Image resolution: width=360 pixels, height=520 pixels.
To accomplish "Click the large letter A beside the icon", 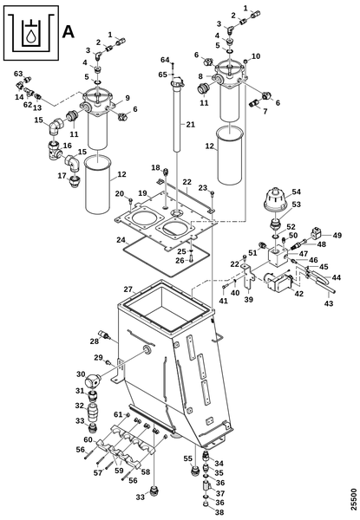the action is (x=68, y=32).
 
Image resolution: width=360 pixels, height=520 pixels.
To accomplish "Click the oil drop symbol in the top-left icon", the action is (x=31, y=36).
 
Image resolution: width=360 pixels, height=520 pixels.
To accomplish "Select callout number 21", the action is (x=191, y=124).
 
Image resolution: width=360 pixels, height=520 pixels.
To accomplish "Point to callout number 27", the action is (x=128, y=289).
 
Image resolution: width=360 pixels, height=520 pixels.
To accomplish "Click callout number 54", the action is (x=297, y=192).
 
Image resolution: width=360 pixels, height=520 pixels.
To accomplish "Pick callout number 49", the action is (x=337, y=235).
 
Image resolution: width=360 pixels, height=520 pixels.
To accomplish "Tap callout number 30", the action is (x=81, y=374).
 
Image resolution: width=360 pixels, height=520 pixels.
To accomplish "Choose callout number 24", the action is (x=121, y=239).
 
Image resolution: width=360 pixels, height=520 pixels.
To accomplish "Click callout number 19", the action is (x=142, y=193).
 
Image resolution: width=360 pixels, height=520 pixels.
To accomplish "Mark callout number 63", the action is (x=18, y=74).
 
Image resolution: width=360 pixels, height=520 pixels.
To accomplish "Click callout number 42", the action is (x=299, y=294).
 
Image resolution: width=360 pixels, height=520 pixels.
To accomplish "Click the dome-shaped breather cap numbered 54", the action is (x=275, y=199).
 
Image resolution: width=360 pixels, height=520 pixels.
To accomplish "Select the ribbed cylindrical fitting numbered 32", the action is (x=92, y=412).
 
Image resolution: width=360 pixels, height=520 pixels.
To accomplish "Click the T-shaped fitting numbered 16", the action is (x=55, y=150).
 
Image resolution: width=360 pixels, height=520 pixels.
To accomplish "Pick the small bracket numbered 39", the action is (x=247, y=276).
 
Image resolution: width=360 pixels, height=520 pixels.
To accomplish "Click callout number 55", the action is (x=188, y=458).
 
